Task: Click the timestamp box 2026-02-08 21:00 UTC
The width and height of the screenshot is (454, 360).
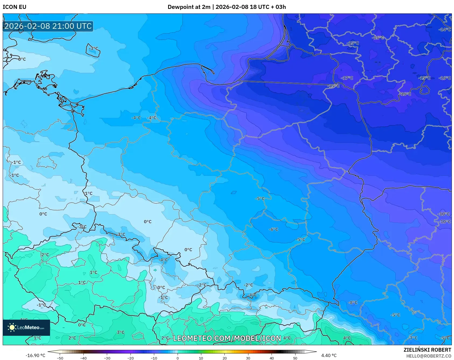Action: (48, 26)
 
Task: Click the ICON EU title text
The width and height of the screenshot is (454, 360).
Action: (15, 7)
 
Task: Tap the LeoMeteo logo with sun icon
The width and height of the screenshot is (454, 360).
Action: (26, 327)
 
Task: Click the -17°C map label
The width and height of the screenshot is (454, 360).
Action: (347, 78)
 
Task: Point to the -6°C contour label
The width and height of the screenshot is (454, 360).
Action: (273, 229)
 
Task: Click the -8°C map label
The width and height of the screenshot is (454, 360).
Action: (353, 302)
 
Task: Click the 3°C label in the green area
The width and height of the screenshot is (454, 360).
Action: (121, 332)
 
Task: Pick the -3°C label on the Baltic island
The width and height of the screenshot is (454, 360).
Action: (93, 48)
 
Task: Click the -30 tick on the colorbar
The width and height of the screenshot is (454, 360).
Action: (107, 358)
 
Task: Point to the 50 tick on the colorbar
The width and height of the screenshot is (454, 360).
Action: (295, 358)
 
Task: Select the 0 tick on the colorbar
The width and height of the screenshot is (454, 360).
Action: (177, 358)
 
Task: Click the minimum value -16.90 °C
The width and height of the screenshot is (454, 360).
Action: (35, 355)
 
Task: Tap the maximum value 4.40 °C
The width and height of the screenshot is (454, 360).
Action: (329, 355)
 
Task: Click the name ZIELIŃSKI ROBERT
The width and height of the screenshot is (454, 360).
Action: (427, 350)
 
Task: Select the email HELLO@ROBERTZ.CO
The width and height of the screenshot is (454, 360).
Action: (428, 356)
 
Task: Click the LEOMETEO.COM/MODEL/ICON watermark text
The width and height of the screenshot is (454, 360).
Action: (227, 338)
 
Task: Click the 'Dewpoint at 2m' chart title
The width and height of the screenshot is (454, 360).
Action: (189, 7)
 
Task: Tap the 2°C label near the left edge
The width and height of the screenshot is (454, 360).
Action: (45, 255)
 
